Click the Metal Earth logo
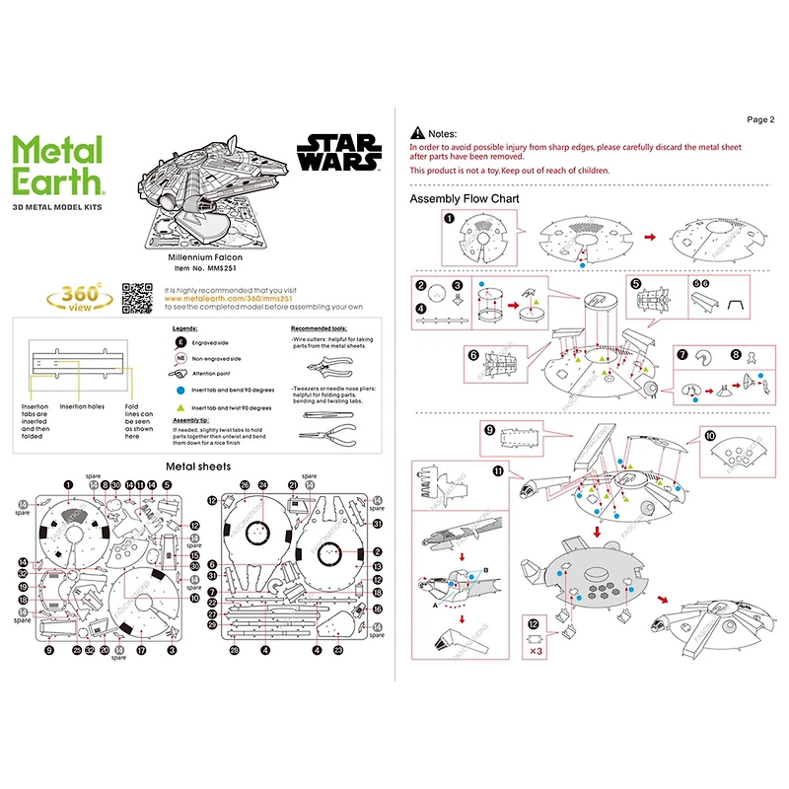[x=57, y=166]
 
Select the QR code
[x=138, y=298]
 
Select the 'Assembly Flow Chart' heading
[x=465, y=198]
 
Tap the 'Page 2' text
[x=760, y=119]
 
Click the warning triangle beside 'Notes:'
[x=418, y=133]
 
